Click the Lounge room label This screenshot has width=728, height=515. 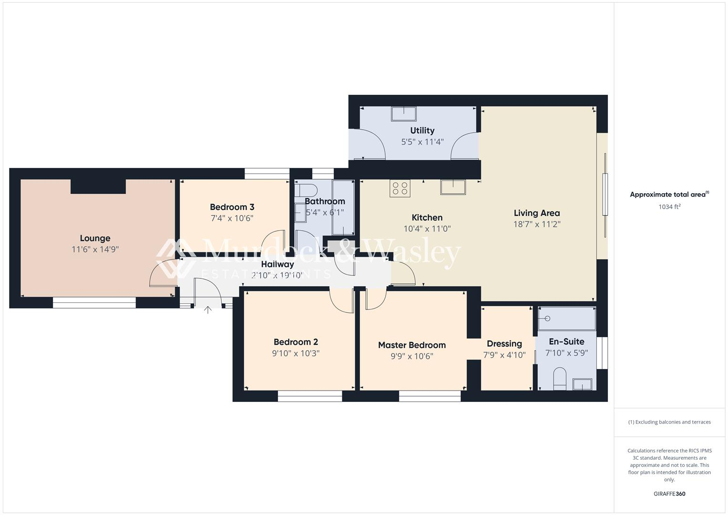click(x=95, y=238)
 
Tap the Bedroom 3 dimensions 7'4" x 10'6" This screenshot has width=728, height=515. click(x=232, y=218)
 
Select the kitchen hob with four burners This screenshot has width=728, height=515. click(x=400, y=188)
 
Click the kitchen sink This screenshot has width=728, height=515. click(x=453, y=187)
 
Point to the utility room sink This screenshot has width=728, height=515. click(x=403, y=114)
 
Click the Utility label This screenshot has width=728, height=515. click(x=422, y=131)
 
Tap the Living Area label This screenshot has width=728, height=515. click(x=536, y=213)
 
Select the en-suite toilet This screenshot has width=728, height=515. click(x=559, y=379)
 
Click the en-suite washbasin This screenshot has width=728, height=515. click(x=582, y=384)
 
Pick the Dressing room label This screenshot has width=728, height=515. click(x=504, y=344)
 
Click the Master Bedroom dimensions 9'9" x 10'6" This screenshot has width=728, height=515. click(x=411, y=356)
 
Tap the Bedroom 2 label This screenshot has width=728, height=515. click(x=296, y=342)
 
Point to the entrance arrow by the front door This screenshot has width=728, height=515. click(x=208, y=310)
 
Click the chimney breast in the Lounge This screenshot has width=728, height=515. click(x=98, y=186)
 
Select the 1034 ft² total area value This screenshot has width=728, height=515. click(x=669, y=207)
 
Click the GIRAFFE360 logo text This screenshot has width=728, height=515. click(x=669, y=494)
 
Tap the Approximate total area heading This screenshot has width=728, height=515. click(x=669, y=195)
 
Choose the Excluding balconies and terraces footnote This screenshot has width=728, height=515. click(x=669, y=422)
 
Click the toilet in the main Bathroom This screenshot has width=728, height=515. click(x=305, y=190)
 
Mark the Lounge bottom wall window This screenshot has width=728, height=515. click(x=94, y=302)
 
